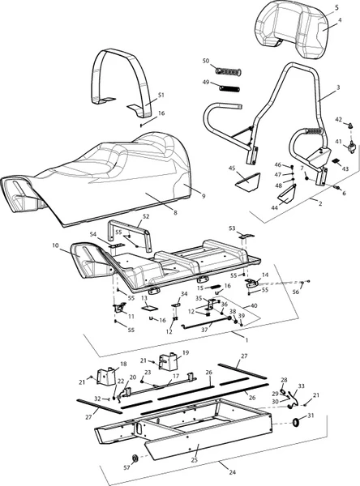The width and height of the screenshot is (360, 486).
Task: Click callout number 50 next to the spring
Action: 206,61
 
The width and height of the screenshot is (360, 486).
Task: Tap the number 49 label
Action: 206,82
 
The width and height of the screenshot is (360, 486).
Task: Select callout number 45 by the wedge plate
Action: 232,168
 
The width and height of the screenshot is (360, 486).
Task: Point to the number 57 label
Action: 126,467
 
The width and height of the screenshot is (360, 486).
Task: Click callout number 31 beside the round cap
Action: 311,416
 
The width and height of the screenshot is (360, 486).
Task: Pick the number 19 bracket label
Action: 186,352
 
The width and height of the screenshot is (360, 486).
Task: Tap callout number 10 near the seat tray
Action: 55,245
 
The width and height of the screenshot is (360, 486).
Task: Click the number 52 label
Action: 146,216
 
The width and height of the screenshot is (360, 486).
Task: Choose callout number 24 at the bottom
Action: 232,472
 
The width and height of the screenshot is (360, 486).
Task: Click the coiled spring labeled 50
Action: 229,72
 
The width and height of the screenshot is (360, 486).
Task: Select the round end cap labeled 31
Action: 297,422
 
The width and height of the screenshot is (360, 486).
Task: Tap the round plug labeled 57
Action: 135,458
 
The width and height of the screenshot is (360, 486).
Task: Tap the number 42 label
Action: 339,120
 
